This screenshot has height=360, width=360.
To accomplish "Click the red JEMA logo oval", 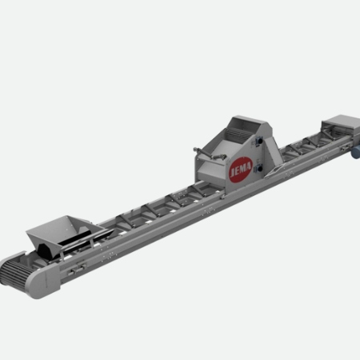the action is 241,170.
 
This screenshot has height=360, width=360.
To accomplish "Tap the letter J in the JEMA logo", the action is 232,174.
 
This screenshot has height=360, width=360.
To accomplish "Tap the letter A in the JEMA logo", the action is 249,166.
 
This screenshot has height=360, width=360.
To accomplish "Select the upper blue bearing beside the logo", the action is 258,140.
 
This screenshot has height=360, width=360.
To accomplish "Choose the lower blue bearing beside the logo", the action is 258,168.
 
